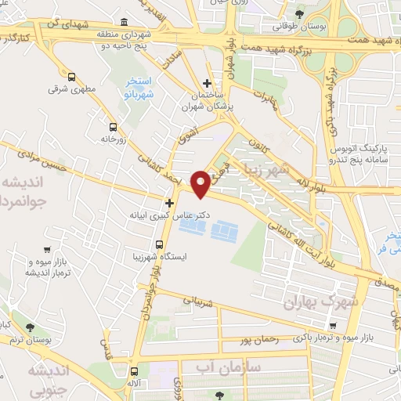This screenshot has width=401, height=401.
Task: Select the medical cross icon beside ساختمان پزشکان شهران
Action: pyautogui.click(x=207, y=83)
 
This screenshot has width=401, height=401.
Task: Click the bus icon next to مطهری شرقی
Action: pyautogui.click(x=71, y=77)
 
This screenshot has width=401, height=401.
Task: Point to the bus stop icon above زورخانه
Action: pyautogui.click(x=114, y=127)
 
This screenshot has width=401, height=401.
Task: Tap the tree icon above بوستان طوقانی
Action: pyautogui.click(x=298, y=13)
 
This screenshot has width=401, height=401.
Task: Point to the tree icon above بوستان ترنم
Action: pyautogui.click(x=30, y=327)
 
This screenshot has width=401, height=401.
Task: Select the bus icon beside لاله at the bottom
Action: pyautogui.click(x=135, y=372)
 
